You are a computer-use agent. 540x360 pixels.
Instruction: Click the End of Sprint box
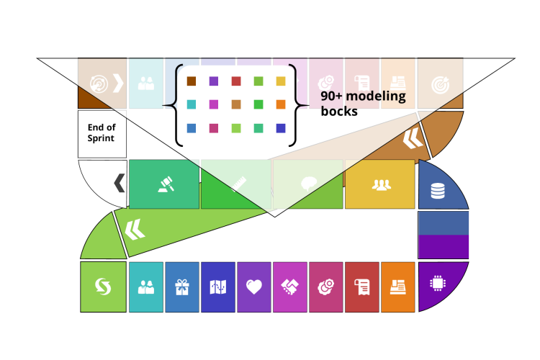(x=102, y=133)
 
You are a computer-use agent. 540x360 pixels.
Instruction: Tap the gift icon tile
(x=181, y=287)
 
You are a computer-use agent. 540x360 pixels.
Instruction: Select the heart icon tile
(x=254, y=287)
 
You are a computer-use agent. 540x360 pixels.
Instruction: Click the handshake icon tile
(x=290, y=287)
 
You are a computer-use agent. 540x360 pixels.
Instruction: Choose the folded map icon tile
(x=218, y=287)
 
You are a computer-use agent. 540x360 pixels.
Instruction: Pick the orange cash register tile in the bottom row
(x=397, y=287)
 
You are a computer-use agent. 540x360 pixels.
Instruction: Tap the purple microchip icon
(x=437, y=283)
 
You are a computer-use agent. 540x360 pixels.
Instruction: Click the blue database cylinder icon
(x=437, y=191)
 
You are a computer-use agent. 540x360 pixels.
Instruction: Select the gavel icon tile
(x=164, y=184)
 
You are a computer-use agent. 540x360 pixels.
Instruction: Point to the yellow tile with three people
(x=381, y=184)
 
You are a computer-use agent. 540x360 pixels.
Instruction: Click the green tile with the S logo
(x=103, y=287)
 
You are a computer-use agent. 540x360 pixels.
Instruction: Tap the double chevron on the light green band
(x=135, y=230)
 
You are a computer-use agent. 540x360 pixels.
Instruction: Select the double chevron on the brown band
(x=413, y=138)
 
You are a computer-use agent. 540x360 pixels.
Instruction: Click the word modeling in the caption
(x=375, y=96)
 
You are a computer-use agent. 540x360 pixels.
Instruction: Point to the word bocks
(x=339, y=112)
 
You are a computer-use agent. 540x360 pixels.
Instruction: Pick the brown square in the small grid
(x=192, y=81)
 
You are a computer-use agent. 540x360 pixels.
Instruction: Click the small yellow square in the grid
(x=281, y=81)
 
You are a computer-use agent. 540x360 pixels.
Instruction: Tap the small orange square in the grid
(x=281, y=104)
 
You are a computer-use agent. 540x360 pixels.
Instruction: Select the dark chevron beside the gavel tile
(x=119, y=184)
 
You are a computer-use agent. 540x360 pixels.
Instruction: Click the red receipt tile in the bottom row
(x=361, y=287)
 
